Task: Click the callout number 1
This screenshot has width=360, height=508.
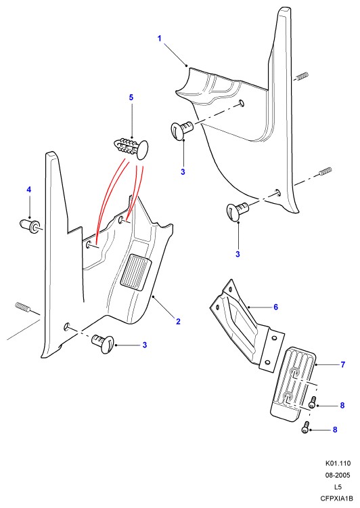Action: pos(159,39)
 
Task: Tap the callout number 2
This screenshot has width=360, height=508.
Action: pos(178,321)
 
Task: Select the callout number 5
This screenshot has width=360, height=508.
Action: pos(131,98)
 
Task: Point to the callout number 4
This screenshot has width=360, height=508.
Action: pos(29,190)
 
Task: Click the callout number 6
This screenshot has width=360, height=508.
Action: pos(276,307)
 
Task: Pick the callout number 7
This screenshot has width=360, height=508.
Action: pos(343,364)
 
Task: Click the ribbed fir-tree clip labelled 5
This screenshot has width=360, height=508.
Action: pos(132,148)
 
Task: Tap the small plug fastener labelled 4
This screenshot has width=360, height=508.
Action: pos(30,225)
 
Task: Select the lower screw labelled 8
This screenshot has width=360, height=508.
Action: pos(306,427)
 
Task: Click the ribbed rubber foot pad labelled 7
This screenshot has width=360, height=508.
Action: pos(293,384)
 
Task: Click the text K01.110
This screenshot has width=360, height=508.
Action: pos(338,463)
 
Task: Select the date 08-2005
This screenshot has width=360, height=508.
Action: pos(338,475)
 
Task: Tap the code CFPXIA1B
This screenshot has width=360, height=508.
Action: pos(336,499)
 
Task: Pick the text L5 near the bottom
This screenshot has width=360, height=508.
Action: pos(338,487)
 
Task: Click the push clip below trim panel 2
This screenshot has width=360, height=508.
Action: pos(104,343)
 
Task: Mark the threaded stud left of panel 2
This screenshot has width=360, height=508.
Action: pos(22,306)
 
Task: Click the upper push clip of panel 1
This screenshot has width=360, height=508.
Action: pos(181,129)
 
